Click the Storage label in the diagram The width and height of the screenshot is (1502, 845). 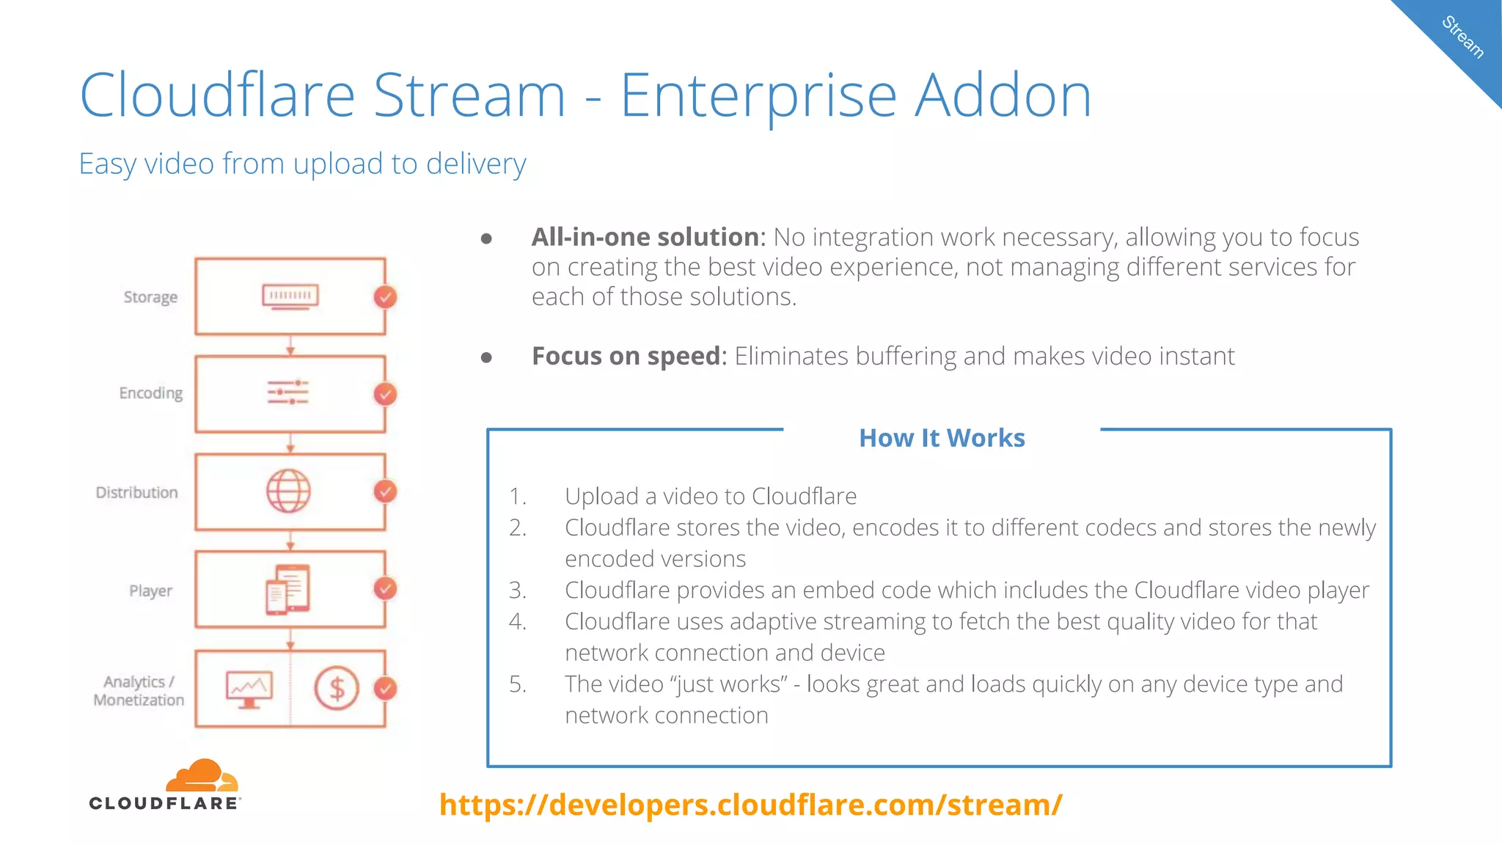150,297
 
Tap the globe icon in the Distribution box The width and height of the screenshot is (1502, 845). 288,491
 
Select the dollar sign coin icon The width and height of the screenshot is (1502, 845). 337,688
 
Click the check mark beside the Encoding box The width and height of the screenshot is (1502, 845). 385,394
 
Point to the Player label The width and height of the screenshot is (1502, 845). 150,590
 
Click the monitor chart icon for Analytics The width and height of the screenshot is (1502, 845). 249,689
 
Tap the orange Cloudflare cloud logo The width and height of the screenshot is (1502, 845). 201,776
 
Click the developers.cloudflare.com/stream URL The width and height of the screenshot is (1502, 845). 750,805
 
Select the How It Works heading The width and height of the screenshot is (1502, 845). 942,438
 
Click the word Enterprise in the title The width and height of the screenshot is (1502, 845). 758,95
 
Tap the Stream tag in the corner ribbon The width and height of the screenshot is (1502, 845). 1462,37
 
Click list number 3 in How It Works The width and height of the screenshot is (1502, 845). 518,590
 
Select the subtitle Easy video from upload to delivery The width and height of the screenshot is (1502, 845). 302,164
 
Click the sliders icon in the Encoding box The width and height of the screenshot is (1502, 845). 287,392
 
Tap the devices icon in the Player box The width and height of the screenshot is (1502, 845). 287,589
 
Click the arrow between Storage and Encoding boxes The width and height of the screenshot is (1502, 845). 290,345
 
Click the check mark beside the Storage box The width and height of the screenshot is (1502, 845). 385,297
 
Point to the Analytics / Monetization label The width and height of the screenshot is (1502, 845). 139,690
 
